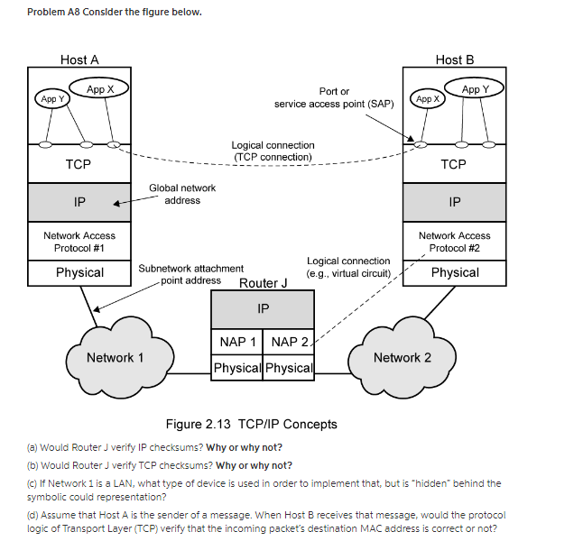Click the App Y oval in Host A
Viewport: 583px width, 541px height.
click(x=51, y=98)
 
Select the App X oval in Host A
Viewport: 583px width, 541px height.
click(x=100, y=88)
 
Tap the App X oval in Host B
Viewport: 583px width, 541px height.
click(x=427, y=98)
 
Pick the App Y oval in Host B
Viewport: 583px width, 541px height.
click(x=476, y=88)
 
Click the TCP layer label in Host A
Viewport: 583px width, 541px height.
click(x=79, y=164)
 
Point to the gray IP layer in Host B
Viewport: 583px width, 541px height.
click(x=454, y=202)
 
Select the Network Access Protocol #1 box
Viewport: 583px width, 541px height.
click(x=79, y=242)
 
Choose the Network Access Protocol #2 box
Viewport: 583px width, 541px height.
click(x=454, y=242)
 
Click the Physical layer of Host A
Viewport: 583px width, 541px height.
click(x=79, y=272)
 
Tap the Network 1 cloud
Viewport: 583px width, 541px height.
click(x=115, y=357)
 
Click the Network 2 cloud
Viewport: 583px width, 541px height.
click(x=403, y=357)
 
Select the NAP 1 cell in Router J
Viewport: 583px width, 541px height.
click(x=237, y=342)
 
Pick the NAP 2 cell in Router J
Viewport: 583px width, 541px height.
click(x=289, y=342)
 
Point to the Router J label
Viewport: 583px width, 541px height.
click(x=263, y=283)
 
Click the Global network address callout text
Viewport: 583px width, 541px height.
click(x=182, y=194)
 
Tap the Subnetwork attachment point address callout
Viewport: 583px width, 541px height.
click(x=190, y=274)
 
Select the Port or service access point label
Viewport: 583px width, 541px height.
click(x=334, y=97)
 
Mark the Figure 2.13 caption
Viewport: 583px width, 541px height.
click(x=251, y=424)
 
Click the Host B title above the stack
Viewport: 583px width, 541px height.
click(x=454, y=60)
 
